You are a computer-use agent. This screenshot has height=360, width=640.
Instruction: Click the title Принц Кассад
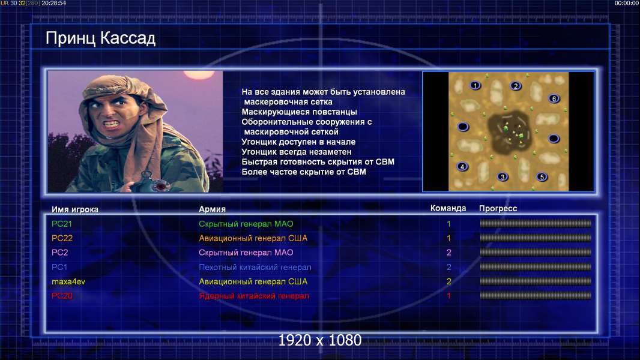click(100, 38)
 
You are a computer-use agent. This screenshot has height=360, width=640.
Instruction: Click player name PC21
click(62, 224)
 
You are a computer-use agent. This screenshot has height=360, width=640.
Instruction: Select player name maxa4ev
click(68, 282)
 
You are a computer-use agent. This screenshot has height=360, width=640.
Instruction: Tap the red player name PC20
click(62, 296)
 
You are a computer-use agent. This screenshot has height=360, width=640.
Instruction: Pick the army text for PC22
click(253, 238)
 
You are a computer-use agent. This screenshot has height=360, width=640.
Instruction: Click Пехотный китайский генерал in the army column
click(255, 268)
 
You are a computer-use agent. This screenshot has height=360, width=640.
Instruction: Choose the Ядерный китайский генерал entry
click(254, 296)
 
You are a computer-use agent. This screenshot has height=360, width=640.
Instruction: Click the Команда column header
click(448, 208)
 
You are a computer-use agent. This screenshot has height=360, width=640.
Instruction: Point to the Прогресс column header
click(498, 209)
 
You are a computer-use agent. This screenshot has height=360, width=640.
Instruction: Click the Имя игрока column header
click(74, 209)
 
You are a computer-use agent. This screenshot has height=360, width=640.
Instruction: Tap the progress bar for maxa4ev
click(536, 281)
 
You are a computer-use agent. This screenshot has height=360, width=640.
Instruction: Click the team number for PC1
click(448, 268)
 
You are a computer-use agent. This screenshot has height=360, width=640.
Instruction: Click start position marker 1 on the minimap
click(475, 86)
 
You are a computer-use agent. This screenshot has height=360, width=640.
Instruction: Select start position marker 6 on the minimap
click(554, 98)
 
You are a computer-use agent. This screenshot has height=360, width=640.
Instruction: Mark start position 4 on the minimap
click(462, 166)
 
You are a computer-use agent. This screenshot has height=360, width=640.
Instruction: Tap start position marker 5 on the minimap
click(542, 177)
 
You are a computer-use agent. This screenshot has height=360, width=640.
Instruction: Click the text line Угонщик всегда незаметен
click(297, 152)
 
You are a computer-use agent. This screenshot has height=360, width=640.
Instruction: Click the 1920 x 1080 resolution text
click(320, 340)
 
